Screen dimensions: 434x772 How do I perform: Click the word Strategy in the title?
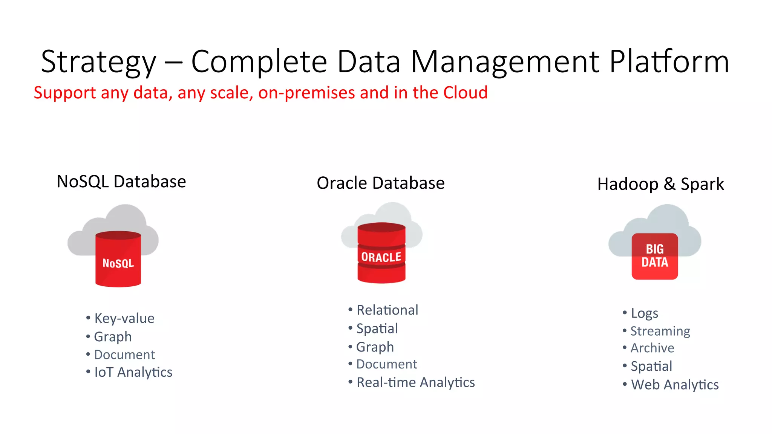(x=98, y=62)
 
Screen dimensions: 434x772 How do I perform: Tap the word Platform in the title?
(x=669, y=62)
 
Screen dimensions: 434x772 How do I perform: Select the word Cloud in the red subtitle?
(x=465, y=93)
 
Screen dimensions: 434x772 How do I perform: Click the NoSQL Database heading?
(x=121, y=182)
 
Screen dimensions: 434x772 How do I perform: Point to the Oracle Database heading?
(x=381, y=183)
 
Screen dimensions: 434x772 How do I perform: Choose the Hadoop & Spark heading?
(x=660, y=184)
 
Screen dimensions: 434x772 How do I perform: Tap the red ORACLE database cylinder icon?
(x=381, y=253)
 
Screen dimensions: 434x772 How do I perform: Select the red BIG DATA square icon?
(x=655, y=256)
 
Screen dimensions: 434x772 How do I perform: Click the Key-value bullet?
(x=124, y=318)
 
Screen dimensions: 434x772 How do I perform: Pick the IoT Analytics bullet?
(x=133, y=372)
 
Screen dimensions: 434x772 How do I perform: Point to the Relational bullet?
(x=387, y=310)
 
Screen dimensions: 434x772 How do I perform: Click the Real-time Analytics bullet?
(x=415, y=382)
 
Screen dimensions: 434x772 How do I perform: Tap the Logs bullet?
(x=644, y=313)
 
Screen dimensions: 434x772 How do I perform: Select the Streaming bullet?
(x=660, y=331)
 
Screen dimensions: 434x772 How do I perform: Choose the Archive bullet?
(x=652, y=348)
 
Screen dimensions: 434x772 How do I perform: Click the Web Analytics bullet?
(x=675, y=385)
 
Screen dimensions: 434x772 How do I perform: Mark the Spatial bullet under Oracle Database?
(x=377, y=329)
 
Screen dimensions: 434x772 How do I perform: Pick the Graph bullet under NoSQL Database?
(x=113, y=337)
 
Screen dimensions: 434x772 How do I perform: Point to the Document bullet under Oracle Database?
(x=386, y=364)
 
